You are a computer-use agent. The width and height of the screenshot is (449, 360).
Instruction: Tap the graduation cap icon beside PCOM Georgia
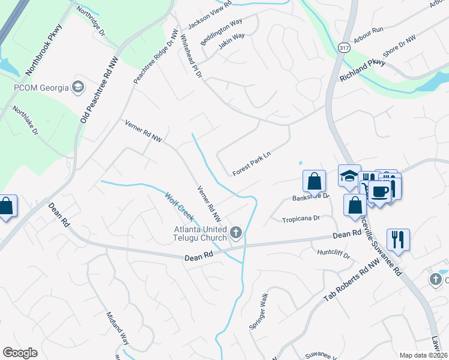pos(77,88)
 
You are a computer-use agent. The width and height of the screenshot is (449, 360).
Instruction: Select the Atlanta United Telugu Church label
pos(200,233)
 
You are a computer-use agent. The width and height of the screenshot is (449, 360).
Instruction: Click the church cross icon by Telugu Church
pos(236,233)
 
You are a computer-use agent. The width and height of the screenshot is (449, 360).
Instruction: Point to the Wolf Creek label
pos(179,206)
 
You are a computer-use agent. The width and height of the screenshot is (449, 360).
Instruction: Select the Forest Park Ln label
pos(252,163)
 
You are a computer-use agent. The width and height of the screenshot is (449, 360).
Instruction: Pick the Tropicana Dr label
pos(301,220)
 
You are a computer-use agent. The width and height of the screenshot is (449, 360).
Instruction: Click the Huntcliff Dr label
pos(334,254)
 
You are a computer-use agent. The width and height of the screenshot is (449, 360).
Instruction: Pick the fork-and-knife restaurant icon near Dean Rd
pos(398,239)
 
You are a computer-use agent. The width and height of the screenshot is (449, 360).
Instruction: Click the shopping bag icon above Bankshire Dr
pos(314,181)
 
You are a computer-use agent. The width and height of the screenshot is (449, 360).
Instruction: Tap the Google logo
pos(20,353)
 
